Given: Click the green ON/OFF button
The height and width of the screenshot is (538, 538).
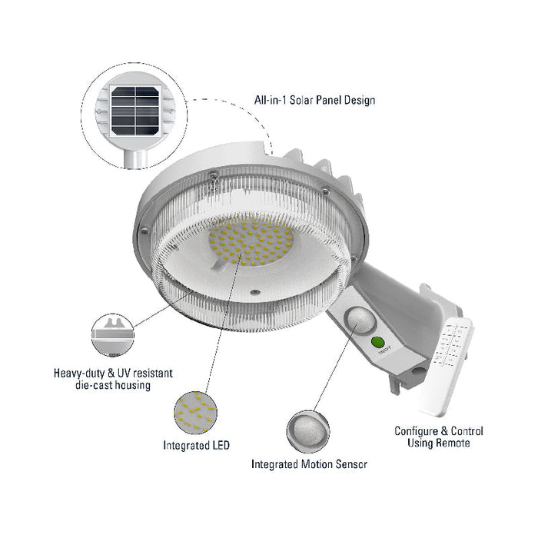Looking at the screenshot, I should point(377,344).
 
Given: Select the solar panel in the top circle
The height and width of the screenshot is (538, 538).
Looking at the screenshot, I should point(135,111).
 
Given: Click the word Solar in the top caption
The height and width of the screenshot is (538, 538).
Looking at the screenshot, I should point(298,100).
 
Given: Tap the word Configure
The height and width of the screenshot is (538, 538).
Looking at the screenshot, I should point(417,431).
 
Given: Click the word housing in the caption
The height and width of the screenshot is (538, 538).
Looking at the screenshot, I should point(126,386).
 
